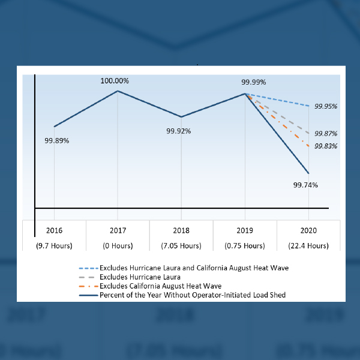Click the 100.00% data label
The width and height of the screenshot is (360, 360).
pos(115,80)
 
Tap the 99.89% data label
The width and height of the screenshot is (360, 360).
pos(57,140)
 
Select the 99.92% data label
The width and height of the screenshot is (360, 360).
pos(178,130)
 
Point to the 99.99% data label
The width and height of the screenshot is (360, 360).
pos(253,82)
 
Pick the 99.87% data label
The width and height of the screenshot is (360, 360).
pos(325,134)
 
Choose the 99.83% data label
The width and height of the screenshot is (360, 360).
pos(325,146)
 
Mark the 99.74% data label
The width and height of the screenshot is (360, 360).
pos(305,185)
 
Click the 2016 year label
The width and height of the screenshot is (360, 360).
pos(54,230)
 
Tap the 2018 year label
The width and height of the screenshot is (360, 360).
pos(181,230)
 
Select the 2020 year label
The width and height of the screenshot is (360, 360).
pos(308,230)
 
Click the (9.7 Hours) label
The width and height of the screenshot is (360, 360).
pos(54,245)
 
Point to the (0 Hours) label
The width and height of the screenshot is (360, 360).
pos(118,245)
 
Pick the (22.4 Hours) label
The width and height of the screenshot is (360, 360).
pos(308,245)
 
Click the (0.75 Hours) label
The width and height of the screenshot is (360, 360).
pos(245,245)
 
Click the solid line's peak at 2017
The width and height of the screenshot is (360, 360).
pos(118,91)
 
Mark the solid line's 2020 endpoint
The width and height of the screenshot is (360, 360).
pos(308,173)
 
